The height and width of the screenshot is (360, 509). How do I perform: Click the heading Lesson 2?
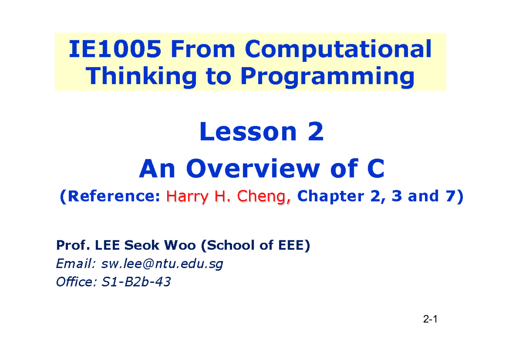click(x=261, y=132)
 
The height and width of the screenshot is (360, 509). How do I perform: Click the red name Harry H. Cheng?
click(x=229, y=196)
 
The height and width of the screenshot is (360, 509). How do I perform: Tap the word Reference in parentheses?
click(x=113, y=196)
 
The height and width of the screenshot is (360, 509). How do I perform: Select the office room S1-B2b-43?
click(x=136, y=281)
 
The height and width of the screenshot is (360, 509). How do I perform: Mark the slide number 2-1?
click(x=429, y=319)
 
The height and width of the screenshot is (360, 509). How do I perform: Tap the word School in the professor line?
click(x=233, y=245)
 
